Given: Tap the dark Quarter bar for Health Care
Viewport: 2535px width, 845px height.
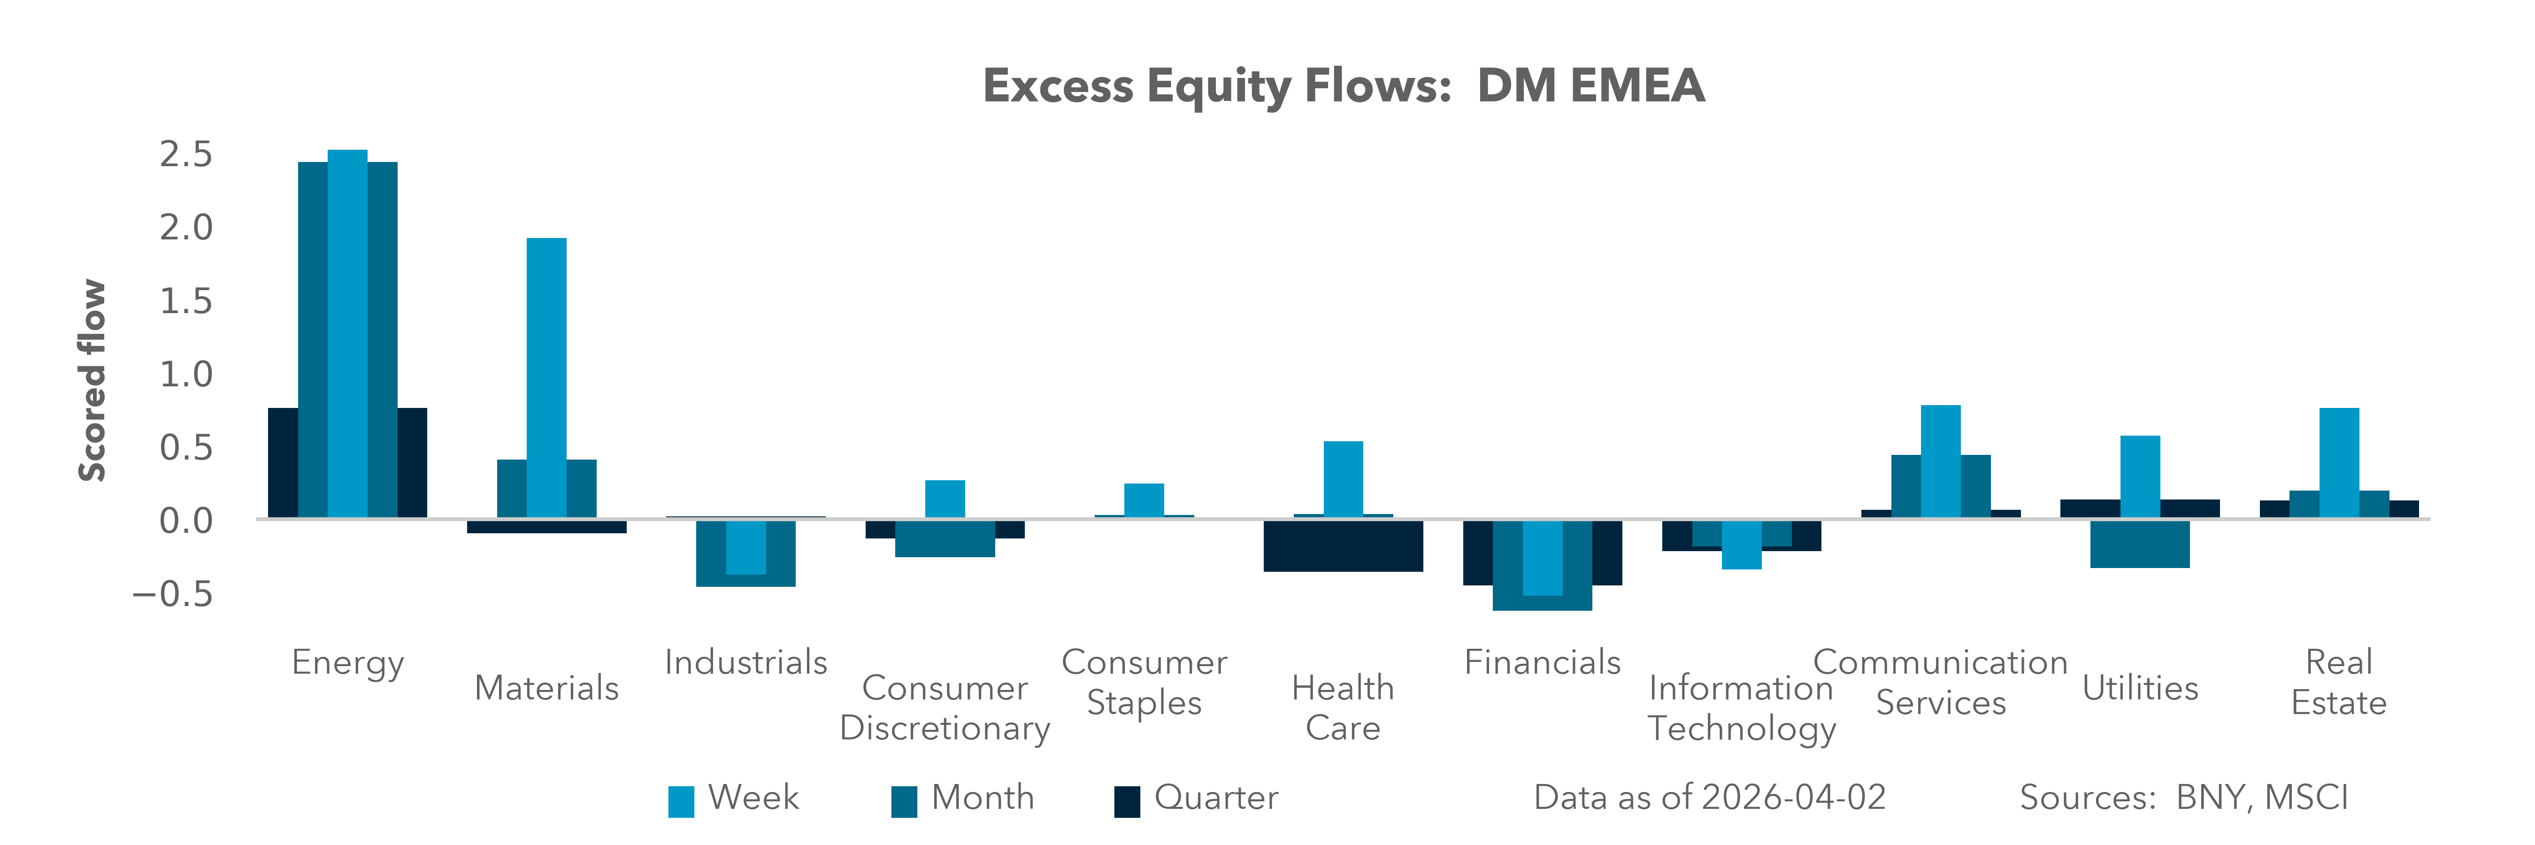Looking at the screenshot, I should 1343,546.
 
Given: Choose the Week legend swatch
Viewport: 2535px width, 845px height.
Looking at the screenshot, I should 681,801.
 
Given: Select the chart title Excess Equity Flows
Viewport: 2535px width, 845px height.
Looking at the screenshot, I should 1343,85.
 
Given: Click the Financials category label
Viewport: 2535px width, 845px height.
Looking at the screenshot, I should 1542,662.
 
